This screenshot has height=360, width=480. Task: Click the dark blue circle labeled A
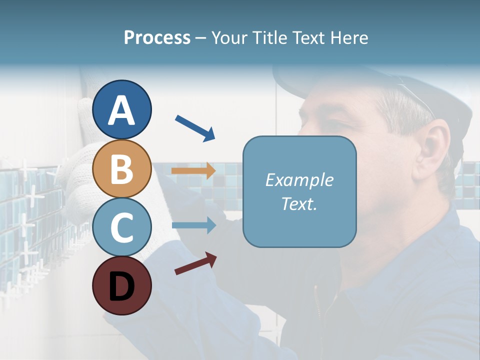(x=121, y=109)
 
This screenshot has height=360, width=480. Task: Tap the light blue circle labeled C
(x=121, y=227)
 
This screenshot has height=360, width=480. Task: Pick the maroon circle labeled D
(x=121, y=285)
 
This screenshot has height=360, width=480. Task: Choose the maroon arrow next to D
(x=195, y=264)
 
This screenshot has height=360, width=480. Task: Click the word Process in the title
(x=157, y=38)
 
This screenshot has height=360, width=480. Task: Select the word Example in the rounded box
(x=299, y=180)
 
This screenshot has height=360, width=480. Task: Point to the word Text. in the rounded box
(x=299, y=204)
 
